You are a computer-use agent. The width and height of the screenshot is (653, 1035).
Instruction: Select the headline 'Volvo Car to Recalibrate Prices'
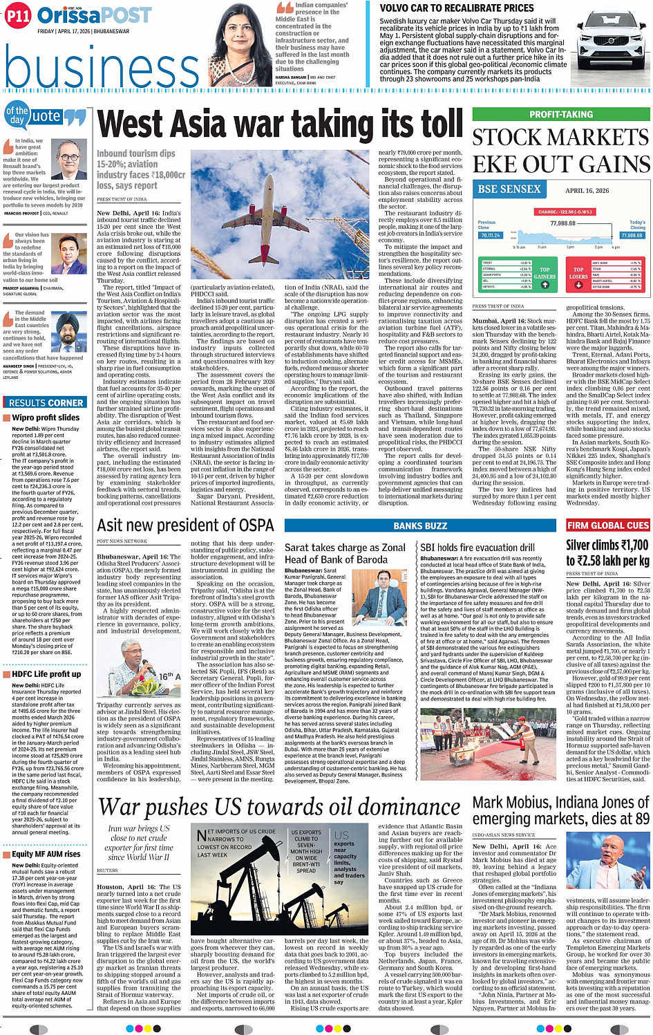coord(457,8)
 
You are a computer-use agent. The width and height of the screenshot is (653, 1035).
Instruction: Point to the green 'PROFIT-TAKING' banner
coord(561,115)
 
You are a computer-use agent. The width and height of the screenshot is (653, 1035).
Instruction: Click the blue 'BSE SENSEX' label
coord(510,189)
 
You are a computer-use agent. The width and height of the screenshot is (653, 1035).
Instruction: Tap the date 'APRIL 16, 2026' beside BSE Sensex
coord(587,191)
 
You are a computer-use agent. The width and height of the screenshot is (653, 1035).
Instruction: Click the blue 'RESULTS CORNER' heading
coord(46,402)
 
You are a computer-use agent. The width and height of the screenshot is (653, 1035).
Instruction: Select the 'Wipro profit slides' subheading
coord(46,418)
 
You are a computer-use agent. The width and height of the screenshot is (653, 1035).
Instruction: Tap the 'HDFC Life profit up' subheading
coord(46,674)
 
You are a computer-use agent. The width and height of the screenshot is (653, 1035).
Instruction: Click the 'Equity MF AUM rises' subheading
coord(46,854)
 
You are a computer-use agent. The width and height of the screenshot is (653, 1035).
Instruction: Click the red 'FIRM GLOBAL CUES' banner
coord(608,525)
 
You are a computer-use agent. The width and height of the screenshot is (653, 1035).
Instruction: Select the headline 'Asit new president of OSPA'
coord(185,525)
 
